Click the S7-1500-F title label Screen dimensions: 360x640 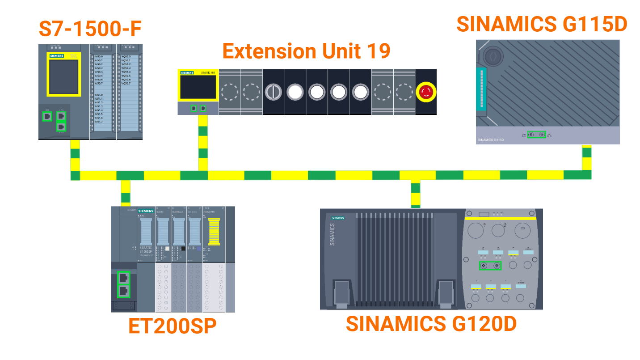(90, 30)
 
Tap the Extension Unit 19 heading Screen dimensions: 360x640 (306, 51)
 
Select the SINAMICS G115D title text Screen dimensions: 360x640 (542, 24)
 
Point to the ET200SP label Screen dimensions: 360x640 (172, 326)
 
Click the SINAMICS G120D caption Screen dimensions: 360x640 (431, 324)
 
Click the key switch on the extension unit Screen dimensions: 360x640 (273, 92)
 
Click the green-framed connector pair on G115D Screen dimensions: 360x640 (536, 134)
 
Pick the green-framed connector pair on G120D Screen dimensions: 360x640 (490, 266)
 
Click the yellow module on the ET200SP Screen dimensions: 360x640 (214, 232)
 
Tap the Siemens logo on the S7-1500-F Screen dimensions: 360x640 (57, 56)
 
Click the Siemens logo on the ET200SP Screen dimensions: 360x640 (146, 211)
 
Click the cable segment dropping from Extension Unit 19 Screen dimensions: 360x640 (203, 142)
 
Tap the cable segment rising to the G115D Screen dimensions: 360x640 (586, 157)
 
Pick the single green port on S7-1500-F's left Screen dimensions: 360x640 (47, 116)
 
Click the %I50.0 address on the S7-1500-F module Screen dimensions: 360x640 (99, 57)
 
